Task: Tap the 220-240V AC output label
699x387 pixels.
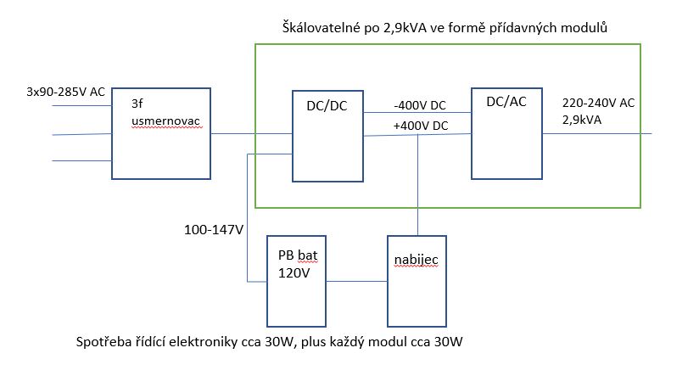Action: click(x=598, y=102)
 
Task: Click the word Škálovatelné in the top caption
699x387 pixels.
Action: click(x=319, y=29)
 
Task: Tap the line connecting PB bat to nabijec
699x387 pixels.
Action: click(x=357, y=282)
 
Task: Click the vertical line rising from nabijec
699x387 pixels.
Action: click(x=418, y=187)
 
